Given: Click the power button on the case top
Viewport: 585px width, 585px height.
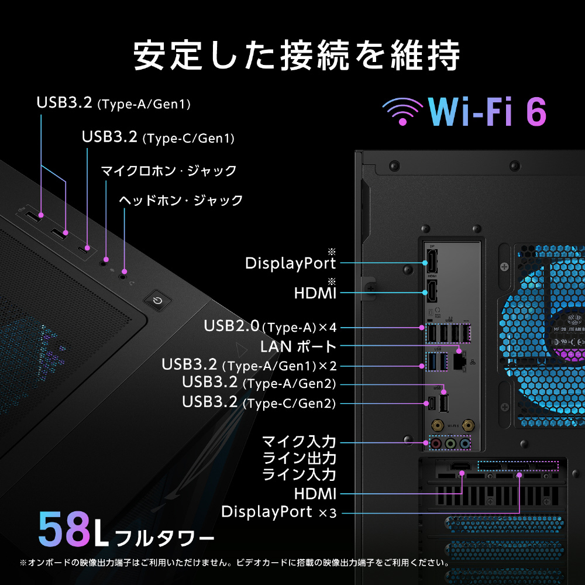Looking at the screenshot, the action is pyautogui.click(x=157, y=300).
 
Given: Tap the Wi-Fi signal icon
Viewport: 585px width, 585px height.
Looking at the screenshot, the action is pyautogui.click(x=402, y=111).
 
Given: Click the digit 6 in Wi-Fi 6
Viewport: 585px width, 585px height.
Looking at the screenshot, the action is pyautogui.click(x=536, y=112).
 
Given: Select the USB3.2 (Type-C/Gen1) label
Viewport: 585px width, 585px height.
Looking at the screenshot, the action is pyautogui.click(x=158, y=137).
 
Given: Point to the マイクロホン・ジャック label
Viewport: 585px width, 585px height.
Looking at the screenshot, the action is pyautogui.click(x=168, y=170).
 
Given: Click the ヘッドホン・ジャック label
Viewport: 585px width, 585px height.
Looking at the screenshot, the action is pyautogui.click(x=181, y=200).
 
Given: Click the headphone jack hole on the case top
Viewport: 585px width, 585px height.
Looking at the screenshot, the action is pyautogui.click(x=122, y=277).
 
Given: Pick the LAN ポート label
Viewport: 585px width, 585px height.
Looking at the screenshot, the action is pyautogui.click(x=298, y=346).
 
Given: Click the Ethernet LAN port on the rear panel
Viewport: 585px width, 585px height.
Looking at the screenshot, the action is pyautogui.click(x=459, y=361).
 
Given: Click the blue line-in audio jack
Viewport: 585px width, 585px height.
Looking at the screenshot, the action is pyautogui.click(x=464, y=443).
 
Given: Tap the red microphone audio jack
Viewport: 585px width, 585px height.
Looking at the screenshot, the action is pyautogui.click(x=436, y=443).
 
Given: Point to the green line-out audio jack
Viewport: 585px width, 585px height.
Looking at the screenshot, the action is pyautogui.click(x=450, y=443).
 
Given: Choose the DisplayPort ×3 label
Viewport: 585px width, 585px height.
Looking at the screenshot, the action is pyautogui.click(x=278, y=512).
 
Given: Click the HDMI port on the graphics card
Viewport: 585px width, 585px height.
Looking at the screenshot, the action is pyautogui.click(x=461, y=466).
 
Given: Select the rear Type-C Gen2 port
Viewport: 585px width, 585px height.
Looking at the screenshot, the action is pyautogui.click(x=432, y=403).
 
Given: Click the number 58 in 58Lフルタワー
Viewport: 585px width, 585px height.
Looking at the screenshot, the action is pyautogui.click(x=64, y=529).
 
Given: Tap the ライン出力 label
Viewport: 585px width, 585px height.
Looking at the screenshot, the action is pyautogui.click(x=299, y=458).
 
